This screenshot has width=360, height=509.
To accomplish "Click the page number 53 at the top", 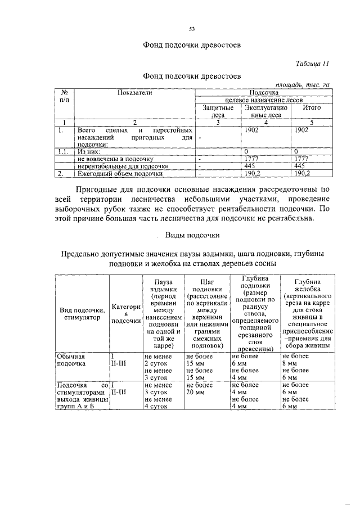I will [192, 29].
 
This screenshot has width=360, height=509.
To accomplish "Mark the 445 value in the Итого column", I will [299, 166].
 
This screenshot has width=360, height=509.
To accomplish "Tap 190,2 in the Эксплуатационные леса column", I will [250, 174].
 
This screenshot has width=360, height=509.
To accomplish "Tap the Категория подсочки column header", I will [125, 313].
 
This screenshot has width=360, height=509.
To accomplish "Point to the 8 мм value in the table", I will [289, 363].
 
